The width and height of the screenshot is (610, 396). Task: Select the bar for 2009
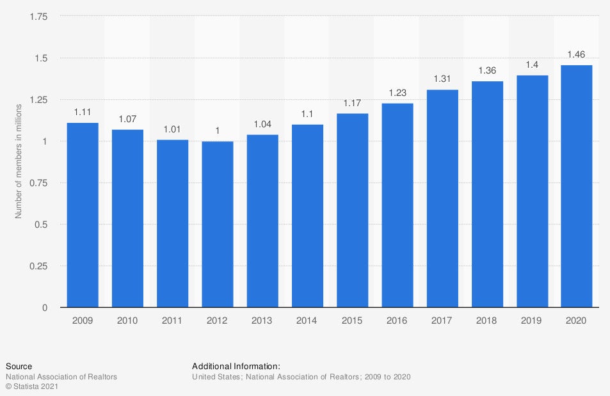click(x=83, y=215)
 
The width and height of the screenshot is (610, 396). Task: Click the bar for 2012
click(x=217, y=224)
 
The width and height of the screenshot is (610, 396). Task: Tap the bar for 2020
click(x=577, y=186)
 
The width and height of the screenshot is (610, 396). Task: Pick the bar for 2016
click(x=397, y=205)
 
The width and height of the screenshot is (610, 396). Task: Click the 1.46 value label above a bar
click(x=577, y=54)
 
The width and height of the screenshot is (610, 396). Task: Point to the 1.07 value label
click(x=127, y=119)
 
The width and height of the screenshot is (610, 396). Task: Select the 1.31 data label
click(x=442, y=79)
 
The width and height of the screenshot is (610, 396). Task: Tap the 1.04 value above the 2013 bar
click(x=262, y=124)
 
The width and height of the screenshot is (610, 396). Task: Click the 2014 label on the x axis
click(x=307, y=320)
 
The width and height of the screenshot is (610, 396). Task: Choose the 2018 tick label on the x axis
click(x=487, y=320)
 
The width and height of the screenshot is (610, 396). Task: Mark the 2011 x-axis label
click(x=172, y=320)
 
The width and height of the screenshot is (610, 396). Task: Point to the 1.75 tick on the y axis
click(x=38, y=17)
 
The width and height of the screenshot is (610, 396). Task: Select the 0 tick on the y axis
click(x=45, y=308)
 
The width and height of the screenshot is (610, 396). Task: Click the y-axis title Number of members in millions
click(x=19, y=160)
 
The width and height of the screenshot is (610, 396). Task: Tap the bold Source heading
click(x=19, y=366)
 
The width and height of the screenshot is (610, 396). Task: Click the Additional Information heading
click(x=236, y=366)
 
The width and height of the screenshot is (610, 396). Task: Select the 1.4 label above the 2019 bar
click(x=532, y=65)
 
